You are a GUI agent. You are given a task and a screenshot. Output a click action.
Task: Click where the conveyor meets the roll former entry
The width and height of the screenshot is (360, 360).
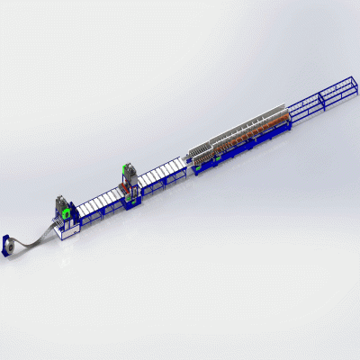coord(186,162)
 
